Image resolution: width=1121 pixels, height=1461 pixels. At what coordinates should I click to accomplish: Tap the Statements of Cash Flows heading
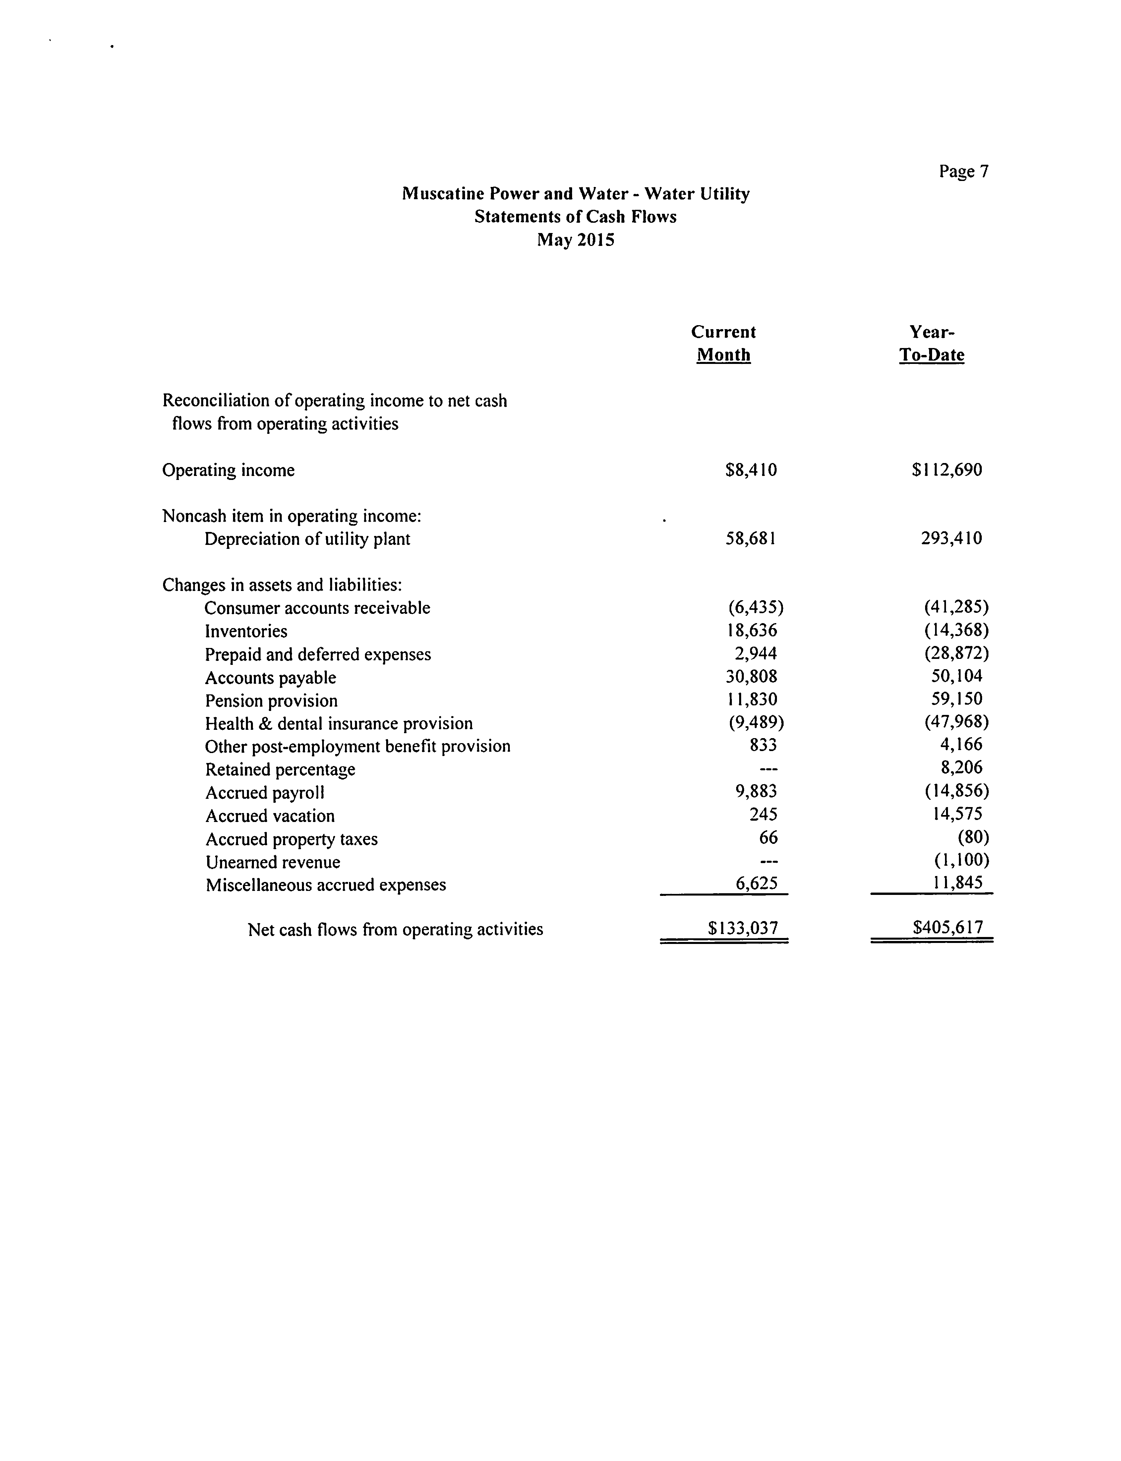575,217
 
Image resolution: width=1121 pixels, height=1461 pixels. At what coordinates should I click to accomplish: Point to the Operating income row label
228,470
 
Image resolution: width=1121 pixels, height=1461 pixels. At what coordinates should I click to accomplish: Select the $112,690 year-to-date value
947,470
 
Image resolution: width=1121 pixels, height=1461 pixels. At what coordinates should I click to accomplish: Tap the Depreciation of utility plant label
307,539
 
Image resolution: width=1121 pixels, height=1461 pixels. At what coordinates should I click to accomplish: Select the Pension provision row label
271,700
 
